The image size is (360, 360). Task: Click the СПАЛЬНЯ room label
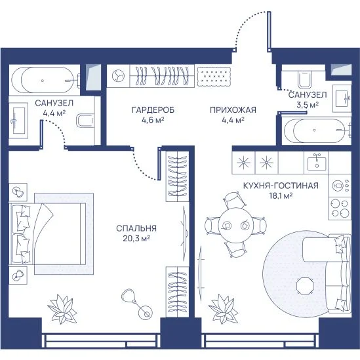click(x=136, y=228)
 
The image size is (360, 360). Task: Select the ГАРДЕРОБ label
click(x=153, y=110)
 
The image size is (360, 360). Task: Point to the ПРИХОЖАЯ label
click(x=233, y=110)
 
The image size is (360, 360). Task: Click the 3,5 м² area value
click(x=308, y=105)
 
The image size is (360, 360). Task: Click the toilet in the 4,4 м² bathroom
click(x=85, y=121)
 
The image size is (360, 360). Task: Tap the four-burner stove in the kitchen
click(x=340, y=209)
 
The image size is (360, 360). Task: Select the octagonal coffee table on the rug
click(x=305, y=286)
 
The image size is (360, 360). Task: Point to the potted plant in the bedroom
click(x=62, y=309)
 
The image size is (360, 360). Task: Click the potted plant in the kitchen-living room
click(x=224, y=309)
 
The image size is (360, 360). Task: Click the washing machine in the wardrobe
click(x=118, y=76)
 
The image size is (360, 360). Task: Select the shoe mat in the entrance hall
click(x=214, y=77)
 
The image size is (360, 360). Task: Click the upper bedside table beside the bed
click(x=18, y=192)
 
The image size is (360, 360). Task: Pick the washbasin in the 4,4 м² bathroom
click(x=19, y=120)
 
